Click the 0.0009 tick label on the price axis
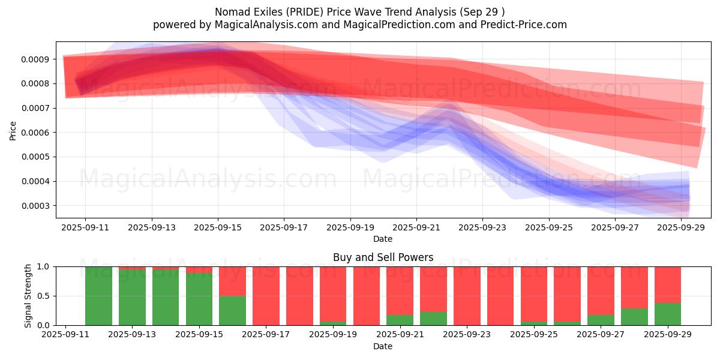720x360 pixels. [35, 59]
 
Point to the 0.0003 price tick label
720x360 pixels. [35, 206]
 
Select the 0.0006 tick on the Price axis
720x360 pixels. [35, 133]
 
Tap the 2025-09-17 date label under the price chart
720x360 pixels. [284, 227]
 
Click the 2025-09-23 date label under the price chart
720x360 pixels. [482, 227]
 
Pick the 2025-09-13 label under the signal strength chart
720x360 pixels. [132, 334]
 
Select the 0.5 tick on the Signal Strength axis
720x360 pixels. [43, 296]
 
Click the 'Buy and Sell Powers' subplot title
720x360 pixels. [383, 257]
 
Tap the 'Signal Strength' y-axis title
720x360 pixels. [28, 296]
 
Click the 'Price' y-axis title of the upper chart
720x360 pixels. [13, 131]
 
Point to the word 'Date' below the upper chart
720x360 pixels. [383, 239]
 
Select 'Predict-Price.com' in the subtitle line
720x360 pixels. [524, 25]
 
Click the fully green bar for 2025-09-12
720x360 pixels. [98, 296]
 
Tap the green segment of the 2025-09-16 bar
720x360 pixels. [232, 311]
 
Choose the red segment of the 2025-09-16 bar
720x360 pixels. [232, 281]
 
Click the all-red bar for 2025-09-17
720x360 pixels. [266, 296]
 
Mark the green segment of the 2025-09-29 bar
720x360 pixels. [668, 314]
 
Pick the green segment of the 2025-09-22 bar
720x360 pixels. [433, 319]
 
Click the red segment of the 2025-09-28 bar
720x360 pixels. [634, 287]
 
